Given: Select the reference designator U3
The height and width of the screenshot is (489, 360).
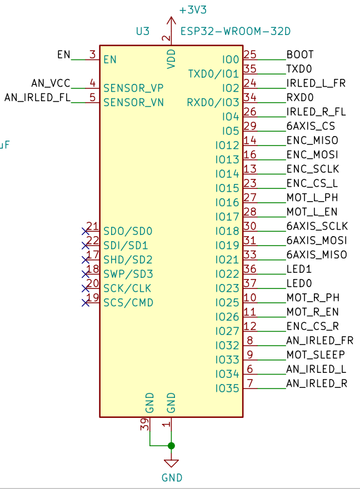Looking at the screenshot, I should tap(143, 32).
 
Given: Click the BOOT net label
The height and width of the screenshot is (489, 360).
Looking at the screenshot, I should tap(300, 54).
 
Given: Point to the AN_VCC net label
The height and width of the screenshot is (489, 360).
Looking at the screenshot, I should tap(51, 83).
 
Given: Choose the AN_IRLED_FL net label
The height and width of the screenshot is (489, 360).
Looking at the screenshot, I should tap(38, 98).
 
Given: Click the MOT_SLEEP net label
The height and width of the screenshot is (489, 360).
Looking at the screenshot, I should tap(316, 355).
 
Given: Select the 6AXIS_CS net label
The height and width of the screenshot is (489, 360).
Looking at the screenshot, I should tap(311, 126).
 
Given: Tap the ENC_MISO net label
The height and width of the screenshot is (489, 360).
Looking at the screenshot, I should tap(312, 141).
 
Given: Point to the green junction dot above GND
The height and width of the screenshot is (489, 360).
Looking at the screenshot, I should tap(171, 446).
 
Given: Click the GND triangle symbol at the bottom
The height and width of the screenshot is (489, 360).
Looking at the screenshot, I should tap(171, 463).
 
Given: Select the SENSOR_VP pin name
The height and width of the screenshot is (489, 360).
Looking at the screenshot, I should tap(133, 88).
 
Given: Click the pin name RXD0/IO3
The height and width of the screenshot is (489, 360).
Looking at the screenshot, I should tap(213, 102).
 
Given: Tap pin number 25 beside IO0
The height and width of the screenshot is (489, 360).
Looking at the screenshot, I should tap(250, 54).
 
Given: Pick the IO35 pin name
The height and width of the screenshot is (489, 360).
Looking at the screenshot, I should tap(227, 388).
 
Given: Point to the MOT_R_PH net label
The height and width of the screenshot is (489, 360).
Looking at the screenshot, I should tap(313, 298).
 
